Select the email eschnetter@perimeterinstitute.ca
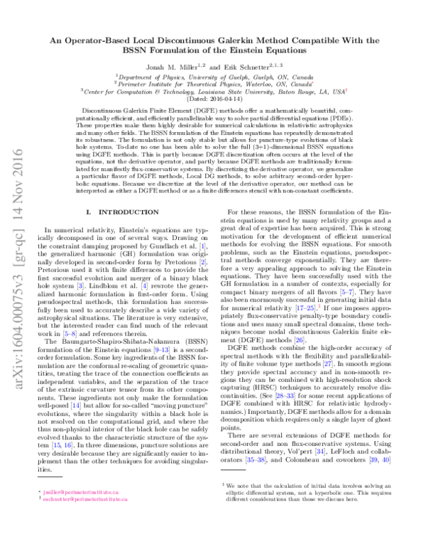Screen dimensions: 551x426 [x=81, y=518]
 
